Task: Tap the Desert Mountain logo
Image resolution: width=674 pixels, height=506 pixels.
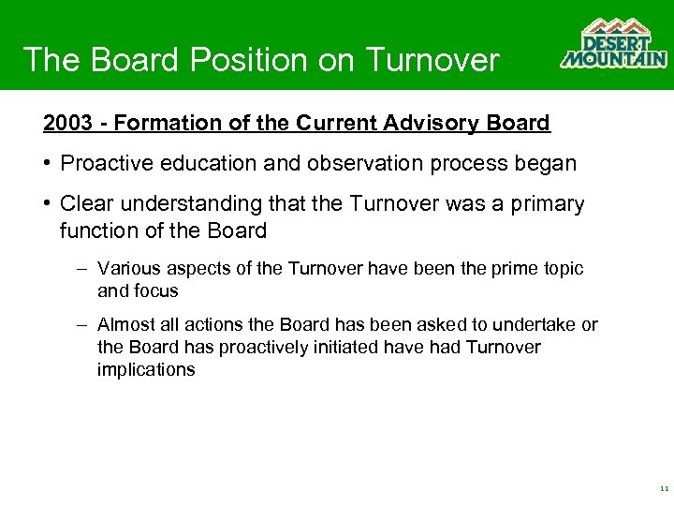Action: (613, 44)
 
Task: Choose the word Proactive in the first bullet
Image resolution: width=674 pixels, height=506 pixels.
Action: (101, 163)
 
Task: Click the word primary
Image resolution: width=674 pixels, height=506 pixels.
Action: (549, 204)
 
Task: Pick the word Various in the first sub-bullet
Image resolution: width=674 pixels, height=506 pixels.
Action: (125, 269)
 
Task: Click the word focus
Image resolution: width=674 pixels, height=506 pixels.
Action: (156, 290)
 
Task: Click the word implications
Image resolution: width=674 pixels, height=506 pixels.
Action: (146, 369)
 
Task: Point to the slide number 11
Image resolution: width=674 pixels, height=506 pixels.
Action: (664, 489)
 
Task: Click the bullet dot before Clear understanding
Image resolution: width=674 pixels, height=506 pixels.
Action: (47, 204)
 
